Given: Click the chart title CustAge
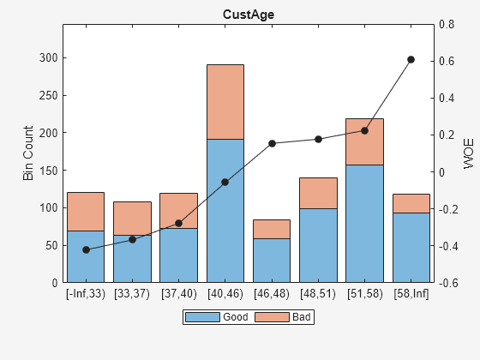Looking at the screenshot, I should pos(249,15).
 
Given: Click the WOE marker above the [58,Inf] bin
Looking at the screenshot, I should pos(411,59).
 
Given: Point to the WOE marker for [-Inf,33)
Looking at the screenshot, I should pos(86,249).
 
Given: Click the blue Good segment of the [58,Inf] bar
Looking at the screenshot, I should pos(411,248).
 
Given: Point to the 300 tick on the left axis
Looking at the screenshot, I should pos(47,57).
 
